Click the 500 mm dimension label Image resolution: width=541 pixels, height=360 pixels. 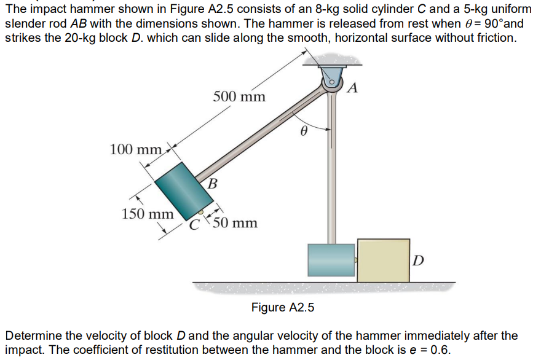239,96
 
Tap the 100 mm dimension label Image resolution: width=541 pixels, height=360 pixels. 136,149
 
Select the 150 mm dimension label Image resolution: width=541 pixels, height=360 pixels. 148,214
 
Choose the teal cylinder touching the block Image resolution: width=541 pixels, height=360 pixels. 331,260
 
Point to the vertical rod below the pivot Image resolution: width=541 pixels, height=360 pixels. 332,172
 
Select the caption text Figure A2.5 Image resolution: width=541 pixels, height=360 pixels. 283,307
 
